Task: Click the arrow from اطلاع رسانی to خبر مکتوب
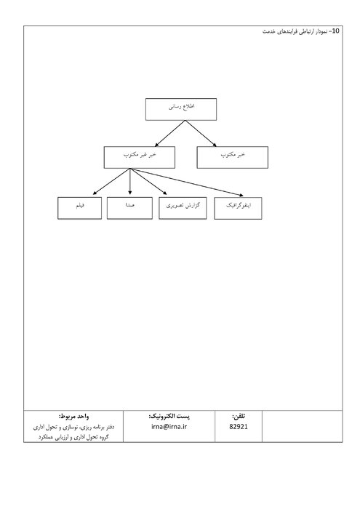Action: pos(201,133)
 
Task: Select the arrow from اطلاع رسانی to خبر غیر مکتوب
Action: pos(169,133)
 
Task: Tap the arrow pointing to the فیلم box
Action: pos(111,182)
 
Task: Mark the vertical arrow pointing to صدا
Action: pos(130,182)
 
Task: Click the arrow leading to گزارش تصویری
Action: pos(148,182)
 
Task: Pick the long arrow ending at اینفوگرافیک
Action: pos(187,182)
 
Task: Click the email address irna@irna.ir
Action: pos(169,427)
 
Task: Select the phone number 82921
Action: pos(239,427)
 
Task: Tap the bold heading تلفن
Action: pos(239,416)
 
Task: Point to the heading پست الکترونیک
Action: pos(169,416)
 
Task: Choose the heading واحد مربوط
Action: pos(73,416)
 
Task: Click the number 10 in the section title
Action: pos(336,31)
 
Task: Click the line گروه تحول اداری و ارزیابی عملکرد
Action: pos(73,437)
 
